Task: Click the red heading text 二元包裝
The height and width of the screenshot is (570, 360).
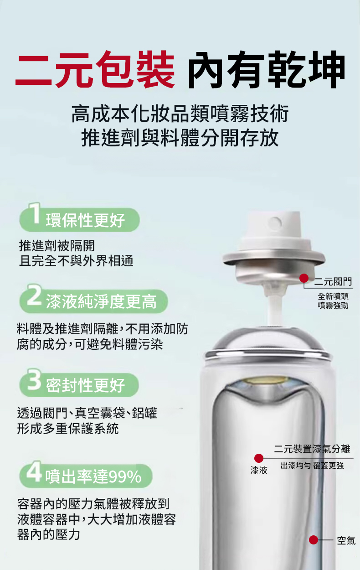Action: [x=95, y=69]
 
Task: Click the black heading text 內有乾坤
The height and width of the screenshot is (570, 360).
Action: [x=266, y=69]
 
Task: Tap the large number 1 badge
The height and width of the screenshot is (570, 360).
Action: [x=35, y=213]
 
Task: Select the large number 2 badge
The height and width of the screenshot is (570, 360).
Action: [x=34, y=295]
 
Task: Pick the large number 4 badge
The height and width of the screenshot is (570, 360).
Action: [x=34, y=471]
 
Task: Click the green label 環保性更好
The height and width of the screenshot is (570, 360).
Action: [x=85, y=220]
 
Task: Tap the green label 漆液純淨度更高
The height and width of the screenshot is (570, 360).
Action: [x=101, y=302]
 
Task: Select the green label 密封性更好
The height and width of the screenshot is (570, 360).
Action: [x=85, y=385]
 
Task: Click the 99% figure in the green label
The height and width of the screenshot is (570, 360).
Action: [x=125, y=477]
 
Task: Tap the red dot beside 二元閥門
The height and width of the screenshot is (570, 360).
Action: [x=304, y=278]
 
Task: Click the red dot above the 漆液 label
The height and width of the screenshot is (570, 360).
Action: [x=259, y=458]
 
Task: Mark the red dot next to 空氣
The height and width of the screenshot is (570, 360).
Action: [x=314, y=539]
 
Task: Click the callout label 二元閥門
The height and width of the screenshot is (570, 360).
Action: [x=333, y=282]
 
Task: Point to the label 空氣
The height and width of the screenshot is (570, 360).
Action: [x=346, y=540]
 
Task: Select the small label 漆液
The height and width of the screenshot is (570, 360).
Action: [x=259, y=470]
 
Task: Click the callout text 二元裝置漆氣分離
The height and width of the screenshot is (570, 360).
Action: [x=312, y=449]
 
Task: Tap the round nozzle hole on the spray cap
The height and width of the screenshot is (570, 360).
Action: [x=275, y=223]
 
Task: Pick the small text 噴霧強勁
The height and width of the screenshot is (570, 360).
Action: [x=333, y=306]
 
